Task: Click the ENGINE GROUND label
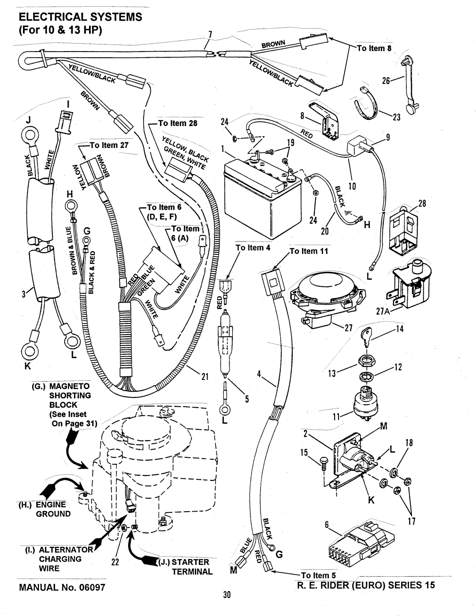click(50, 509)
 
